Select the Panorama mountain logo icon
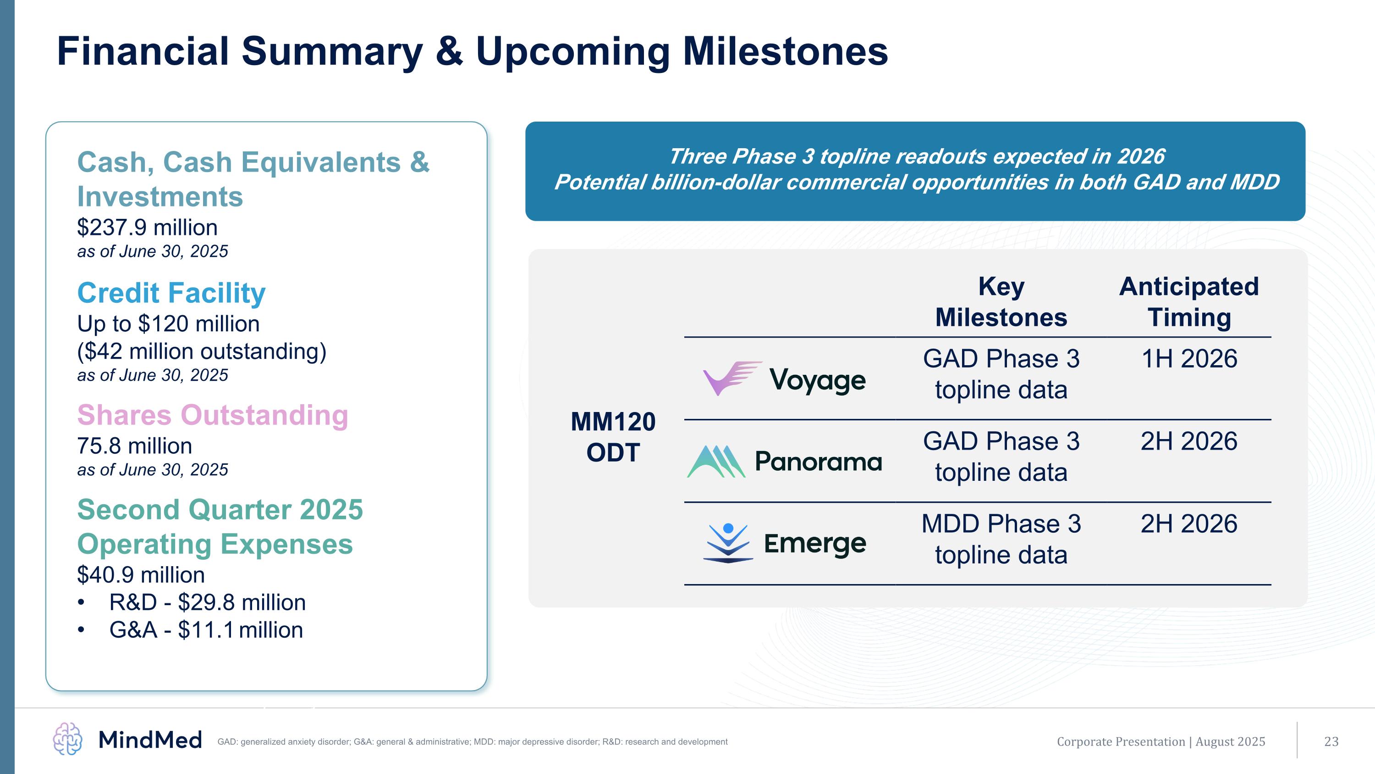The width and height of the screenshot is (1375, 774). click(716, 462)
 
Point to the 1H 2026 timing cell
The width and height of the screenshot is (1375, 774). click(1189, 358)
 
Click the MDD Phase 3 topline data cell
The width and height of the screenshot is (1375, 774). click(1001, 539)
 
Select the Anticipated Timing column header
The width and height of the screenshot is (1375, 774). click(1189, 302)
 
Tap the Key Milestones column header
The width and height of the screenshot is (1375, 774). click(1001, 302)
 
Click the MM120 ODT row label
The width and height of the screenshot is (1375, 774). click(613, 437)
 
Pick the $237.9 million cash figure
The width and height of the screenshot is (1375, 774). click(147, 228)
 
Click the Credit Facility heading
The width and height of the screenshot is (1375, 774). click(171, 293)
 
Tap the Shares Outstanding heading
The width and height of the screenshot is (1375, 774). click(213, 415)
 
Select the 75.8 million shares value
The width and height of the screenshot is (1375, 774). click(134, 446)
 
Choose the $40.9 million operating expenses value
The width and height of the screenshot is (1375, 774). click(141, 575)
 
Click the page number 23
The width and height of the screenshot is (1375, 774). click(1331, 741)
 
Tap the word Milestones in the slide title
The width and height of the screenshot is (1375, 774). click(786, 51)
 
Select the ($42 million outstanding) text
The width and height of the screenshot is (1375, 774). click(202, 351)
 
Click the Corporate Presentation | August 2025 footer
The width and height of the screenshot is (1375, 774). click(1161, 741)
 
